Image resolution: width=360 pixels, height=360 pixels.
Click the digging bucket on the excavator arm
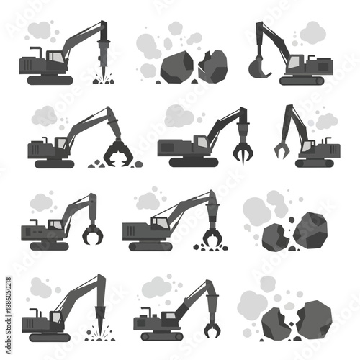pyautogui.click(x=257, y=68)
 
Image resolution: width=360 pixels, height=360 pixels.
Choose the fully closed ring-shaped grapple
pyautogui.click(x=92, y=235)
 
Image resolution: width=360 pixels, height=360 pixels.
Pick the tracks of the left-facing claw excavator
pyautogui.click(x=317, y=163)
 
